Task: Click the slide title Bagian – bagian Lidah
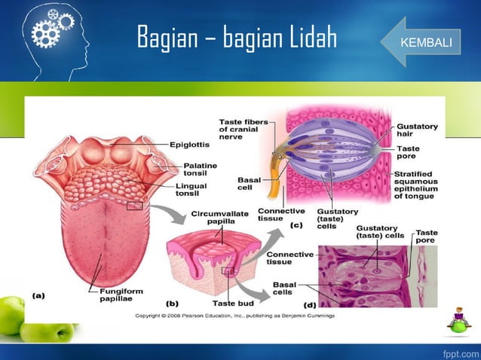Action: (x=236, y=38)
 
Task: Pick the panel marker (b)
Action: (x=172, y=304)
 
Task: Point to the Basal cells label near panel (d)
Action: (x=284, y=288)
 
